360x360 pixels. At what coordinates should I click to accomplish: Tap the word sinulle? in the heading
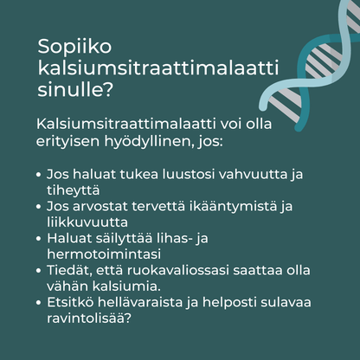coord(70,89)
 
